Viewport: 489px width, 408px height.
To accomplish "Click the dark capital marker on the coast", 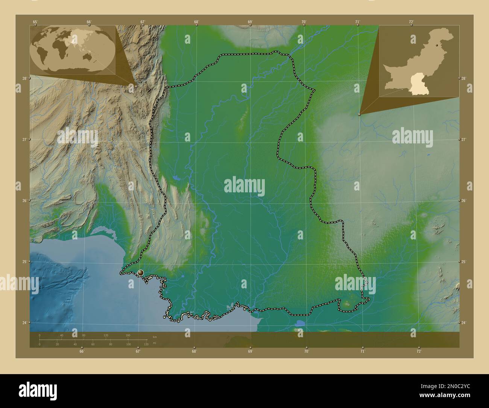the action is (x=141, y=273).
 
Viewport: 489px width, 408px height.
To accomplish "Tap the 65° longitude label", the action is (x=35, y=22).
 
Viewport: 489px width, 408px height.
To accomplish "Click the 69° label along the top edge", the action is (x=250, y=22).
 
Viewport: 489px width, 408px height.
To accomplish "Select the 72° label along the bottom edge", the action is (x=418, y=351).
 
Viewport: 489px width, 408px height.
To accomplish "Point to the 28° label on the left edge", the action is (x=24, y=78).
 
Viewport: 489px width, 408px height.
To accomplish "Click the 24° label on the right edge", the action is (x=464, y=323).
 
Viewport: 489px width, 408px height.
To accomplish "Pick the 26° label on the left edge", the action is (x=24, y=201).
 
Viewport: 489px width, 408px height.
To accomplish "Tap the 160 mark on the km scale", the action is (x=128, y=335).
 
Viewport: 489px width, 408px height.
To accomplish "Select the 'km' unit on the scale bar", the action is (x=155, y=336).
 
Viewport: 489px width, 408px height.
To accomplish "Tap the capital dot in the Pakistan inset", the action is (x=436, y=45).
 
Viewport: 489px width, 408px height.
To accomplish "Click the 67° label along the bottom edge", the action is (x=138, y=351).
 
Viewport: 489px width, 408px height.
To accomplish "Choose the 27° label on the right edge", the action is (x=464, y=139).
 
